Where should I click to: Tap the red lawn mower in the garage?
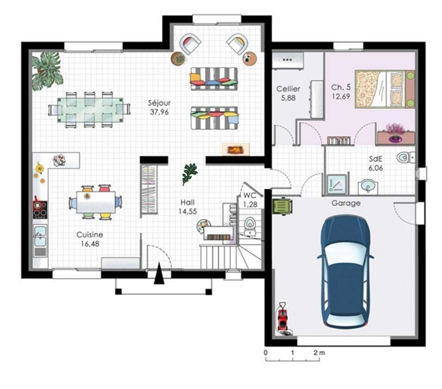[283, 318]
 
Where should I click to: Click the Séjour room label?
[159, 108]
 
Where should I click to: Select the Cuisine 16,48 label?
[90, 239]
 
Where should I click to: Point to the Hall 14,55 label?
[188, 207]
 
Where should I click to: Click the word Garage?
[346, 203]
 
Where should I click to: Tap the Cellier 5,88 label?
[288, 93]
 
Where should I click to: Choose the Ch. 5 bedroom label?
[341, 92]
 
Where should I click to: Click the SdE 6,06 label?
[376, 163]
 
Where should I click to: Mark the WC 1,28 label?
[250, 199]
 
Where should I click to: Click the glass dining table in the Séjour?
[90, 110]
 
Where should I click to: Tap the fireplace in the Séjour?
[236, 149]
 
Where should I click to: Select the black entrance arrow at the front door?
[159, 273]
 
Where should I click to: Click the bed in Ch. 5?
[385, 89]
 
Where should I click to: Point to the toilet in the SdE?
[405, 158]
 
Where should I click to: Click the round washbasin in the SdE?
[368, 186]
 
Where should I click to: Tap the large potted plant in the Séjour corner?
[47, 71]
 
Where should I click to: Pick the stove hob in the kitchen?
[40, 209]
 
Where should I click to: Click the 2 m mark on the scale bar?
[319, 353]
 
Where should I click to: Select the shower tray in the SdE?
[337, 184]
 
